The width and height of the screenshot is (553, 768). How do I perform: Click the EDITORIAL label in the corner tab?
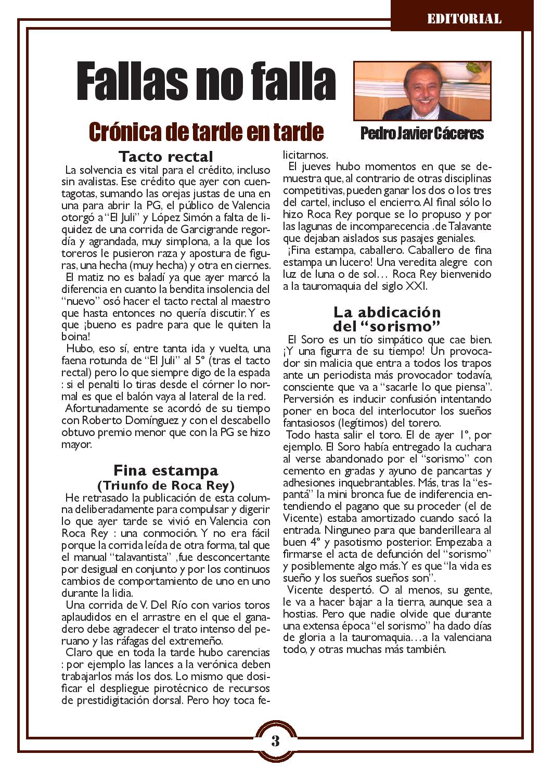click(464, 19)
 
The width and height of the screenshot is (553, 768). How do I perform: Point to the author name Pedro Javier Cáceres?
click(422, 134)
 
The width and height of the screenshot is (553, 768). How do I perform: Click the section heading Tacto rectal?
click(166, 156)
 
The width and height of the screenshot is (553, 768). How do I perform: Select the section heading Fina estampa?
click(166, 470)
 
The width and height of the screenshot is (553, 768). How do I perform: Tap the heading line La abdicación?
click(387, 312)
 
